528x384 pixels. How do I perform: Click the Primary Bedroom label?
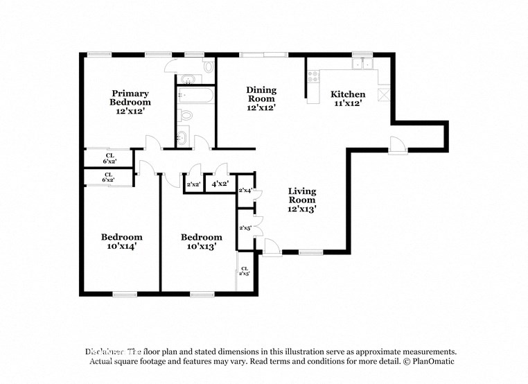pyautogui.click(x=130, y=98)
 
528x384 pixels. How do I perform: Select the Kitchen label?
pyautogui.click(x=347, y=94)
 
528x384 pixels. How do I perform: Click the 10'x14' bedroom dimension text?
pyautogui.click(x=121, y=246)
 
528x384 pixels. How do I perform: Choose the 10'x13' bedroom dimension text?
pyautogui.click(x=201, y=246)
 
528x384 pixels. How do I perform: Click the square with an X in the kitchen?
pyautogui.click(x=385, y=94)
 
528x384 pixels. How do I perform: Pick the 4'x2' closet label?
pyautogui.click(x=220, y=184)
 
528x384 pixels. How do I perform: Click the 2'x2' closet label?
pyautogui.click(x=193, y=184)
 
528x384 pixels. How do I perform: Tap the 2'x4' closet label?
pyautogui.click(x=245, y=190)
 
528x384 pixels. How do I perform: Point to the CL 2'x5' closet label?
pyautogui.click(x=245, y=271)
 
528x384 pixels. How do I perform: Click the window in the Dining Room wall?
pyautogui.click(x=263, y=54)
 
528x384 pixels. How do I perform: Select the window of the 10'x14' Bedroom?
pyautogui.click(x=125, y=294)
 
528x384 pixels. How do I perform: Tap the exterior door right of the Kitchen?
pyautogui.click(x=397, y=145)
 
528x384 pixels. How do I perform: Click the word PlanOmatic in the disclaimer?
pyautogui.click(x=430, y=362)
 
